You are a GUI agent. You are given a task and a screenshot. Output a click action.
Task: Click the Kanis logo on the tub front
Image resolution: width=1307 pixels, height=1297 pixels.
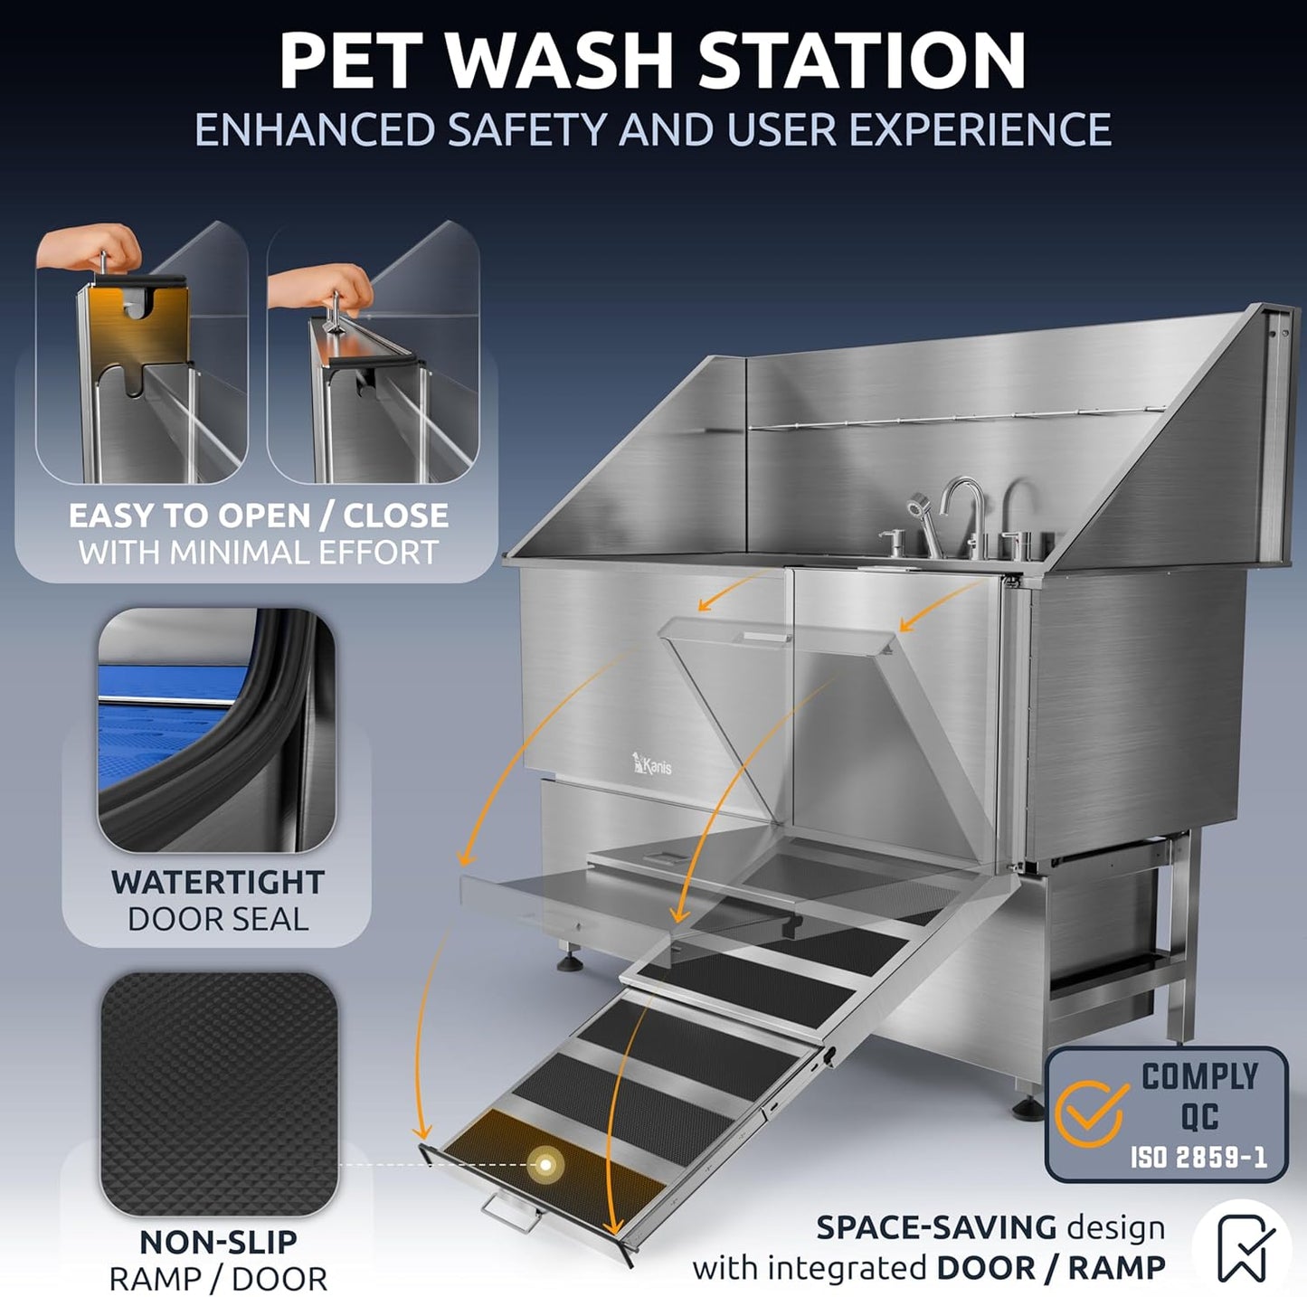(x=652, y=764)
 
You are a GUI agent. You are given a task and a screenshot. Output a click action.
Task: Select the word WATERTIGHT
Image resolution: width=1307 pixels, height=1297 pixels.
(x=217, y=882)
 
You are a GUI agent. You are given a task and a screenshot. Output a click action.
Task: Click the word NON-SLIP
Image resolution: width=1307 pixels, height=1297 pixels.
(x=218, y=1242)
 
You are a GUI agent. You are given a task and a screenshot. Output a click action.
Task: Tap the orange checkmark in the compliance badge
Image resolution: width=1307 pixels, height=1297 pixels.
(x=1095, y=1114)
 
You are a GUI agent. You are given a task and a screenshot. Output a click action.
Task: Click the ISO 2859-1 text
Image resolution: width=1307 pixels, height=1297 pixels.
(x=1198, y=1157)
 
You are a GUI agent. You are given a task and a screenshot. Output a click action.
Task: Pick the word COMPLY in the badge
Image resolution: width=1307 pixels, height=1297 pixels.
(x=1199, y=1076)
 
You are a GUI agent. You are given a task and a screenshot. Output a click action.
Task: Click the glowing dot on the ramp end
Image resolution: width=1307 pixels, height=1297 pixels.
(x=544, y=1164)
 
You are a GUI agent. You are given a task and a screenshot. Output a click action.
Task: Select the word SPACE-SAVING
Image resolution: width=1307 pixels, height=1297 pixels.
(x=936, y=1227)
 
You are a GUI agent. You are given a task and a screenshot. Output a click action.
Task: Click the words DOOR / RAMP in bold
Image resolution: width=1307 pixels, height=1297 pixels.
(x=1051, y=1268)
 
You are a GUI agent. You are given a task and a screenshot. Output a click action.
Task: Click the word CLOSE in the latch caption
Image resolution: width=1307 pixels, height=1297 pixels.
(x=395, y=516)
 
